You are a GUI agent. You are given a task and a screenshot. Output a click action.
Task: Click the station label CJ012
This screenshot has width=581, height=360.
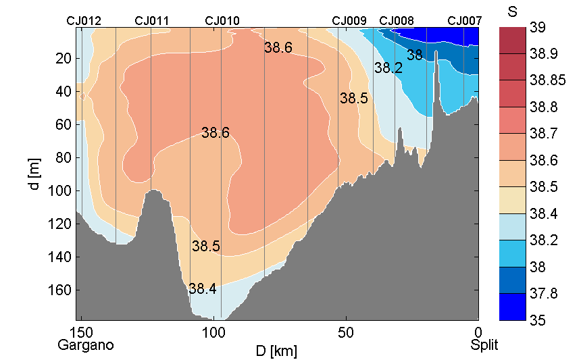[x=84, y=21]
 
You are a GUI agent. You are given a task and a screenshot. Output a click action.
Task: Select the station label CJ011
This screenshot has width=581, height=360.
[x=152, y=21]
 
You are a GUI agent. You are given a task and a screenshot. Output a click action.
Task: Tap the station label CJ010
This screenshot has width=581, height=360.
[x=222, y=21]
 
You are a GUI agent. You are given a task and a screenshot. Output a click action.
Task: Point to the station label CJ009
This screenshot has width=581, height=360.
[x=349, y=21]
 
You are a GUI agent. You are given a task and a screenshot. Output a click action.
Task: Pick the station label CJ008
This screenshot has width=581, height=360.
[x=397, y=21]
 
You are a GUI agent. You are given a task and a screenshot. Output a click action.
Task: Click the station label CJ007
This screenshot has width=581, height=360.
[x=465, y=21]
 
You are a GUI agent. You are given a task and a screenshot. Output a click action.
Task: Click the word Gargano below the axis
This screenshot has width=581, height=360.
[x=86, y=345]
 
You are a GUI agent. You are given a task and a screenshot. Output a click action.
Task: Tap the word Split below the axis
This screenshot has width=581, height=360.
[x=484, y=345]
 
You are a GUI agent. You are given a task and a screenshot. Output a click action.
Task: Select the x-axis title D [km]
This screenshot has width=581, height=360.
[x=277, y=351]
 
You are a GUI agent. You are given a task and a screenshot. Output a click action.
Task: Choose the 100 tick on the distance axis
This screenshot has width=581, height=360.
[x=213, y=333]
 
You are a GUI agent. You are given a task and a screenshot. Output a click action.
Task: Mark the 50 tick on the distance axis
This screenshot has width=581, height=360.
[x=346, y=333]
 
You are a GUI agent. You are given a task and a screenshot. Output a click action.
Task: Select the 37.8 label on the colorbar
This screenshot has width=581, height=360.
[x=530, y=294]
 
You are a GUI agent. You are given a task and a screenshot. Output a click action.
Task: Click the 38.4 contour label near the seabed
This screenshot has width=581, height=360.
[x=203, y=289]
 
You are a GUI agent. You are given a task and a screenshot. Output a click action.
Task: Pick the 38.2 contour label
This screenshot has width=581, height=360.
[x=388, y=68]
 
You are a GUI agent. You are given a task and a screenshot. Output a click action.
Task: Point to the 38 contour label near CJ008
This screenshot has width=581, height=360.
[x=414, y=56]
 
